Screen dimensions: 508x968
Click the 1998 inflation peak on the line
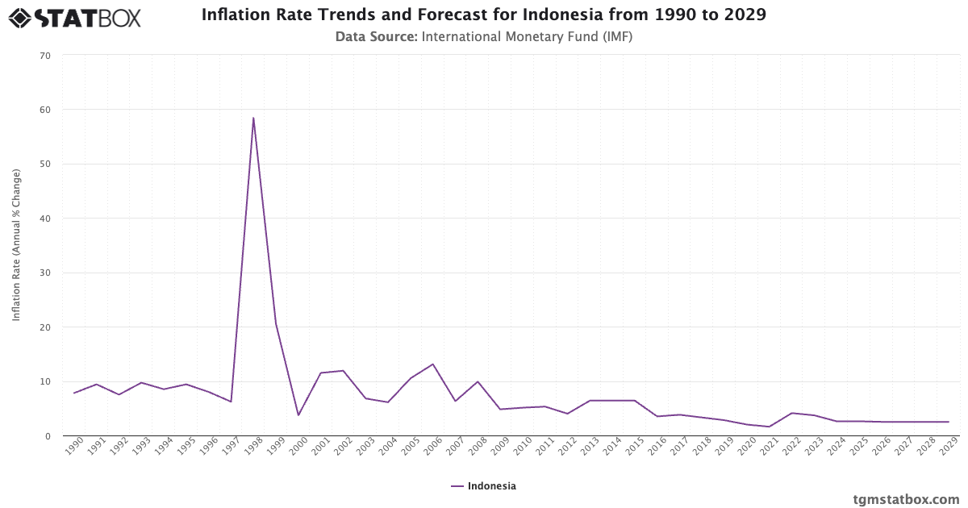(x=253, y=118)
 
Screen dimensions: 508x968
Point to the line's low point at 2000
(x=298, y=415)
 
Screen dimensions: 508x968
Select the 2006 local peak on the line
(x=433, y=364)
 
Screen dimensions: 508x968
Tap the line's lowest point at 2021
(x=770, y=427)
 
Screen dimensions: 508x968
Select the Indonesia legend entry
(x=484, y=486)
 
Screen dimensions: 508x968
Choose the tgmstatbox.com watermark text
(x=906, y=499)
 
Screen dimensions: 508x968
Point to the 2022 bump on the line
(x=792, y=413)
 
